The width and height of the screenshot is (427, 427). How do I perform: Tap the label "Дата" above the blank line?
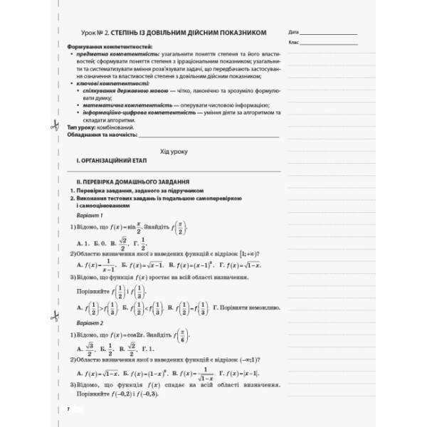pyautogui.click(x=295, y=33)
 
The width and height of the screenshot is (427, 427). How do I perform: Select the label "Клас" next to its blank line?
pyautogui.click(x=295, y=43)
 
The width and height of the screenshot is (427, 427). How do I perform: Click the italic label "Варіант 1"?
pyautogui.click(x=90, y=216)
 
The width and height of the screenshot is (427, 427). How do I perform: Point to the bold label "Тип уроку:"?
pyautogui.click(x=78, y=126)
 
